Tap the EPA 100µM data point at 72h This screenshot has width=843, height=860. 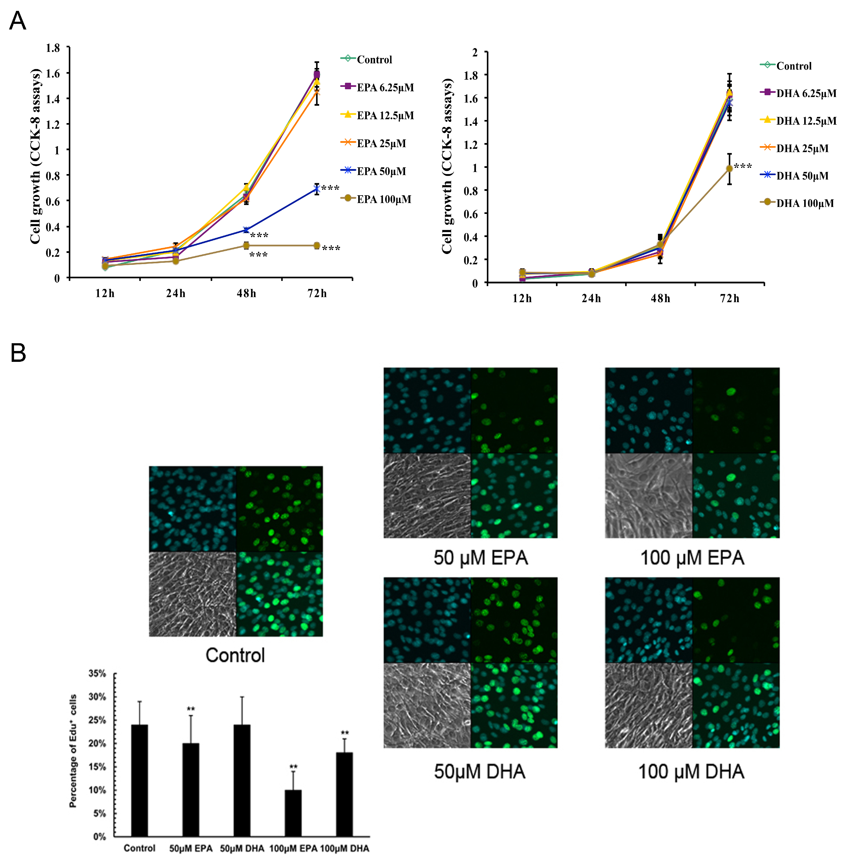click(317, 245)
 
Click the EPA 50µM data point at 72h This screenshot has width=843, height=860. click(317, 189)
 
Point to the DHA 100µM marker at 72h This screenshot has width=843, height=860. click(729, 169)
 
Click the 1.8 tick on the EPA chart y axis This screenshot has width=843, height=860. click(53, 48)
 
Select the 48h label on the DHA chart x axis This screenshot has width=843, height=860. click(660, 299)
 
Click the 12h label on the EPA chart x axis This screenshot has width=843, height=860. click(105, 293)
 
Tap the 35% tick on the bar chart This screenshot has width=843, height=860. click(97, 673)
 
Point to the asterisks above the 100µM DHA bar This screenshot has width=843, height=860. click(344, 733)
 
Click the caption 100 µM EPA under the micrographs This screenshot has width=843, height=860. click(692, 557)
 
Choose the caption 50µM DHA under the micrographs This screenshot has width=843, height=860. click(480, 771)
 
